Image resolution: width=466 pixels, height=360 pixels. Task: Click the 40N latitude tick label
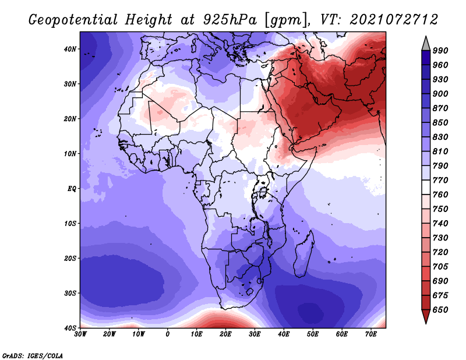[70, 49]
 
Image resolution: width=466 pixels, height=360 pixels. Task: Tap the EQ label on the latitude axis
[72, 189]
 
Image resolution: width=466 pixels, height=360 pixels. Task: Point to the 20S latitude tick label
[70, 258]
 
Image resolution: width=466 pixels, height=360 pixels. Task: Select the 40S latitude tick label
[70, 328]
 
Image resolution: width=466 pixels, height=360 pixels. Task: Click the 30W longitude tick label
[80, 334]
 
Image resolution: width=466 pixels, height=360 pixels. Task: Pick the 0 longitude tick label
[168, 334]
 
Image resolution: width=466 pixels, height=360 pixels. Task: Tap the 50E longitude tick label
[313, 334]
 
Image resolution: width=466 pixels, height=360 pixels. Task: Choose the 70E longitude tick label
[371, 334]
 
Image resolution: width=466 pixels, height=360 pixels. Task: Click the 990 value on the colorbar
[440, 51]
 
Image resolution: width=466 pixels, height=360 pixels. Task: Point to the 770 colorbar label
[440, 180]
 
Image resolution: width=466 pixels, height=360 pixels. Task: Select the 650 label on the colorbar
[440, 310]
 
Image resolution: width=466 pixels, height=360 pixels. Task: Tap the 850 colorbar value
[440, 122]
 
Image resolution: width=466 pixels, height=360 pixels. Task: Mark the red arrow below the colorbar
[426, 315]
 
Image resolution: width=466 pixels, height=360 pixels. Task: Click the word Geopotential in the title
[73, 20]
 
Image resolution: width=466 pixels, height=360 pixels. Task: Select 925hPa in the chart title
[230, 20]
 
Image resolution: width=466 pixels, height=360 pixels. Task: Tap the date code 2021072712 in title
[394, 20]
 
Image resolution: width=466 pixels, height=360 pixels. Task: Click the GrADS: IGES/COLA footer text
[33, 355]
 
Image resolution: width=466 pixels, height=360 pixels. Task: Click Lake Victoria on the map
[263, 192]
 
